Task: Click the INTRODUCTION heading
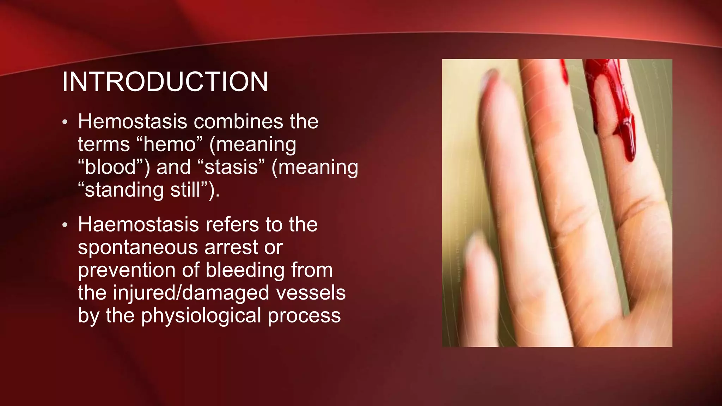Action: (165, 82)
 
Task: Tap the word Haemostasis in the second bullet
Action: (139, 224)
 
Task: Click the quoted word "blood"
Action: (111, 167)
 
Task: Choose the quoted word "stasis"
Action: (231, 167)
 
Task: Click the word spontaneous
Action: (138, 248)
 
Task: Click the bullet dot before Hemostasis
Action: (65, 123)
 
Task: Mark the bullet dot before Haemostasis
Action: (65, 225)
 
